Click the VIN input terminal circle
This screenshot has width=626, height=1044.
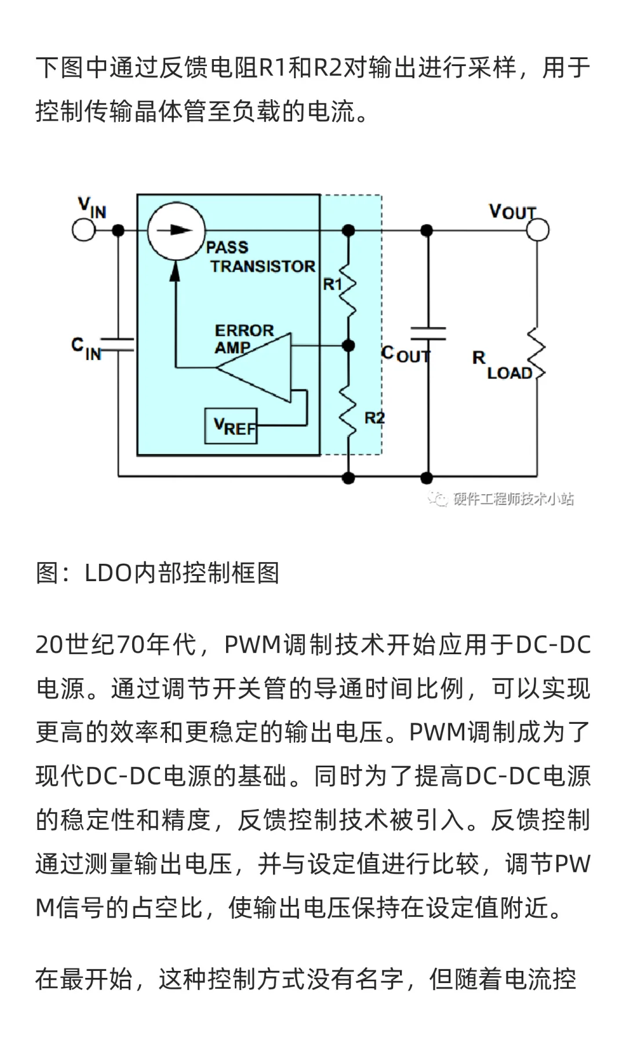coord(83,230)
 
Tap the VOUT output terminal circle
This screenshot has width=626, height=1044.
coord(537,230)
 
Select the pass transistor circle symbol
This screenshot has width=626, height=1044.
coord(176,230)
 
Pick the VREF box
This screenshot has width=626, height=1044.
coord(231,426)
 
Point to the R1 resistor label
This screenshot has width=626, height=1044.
coord(332,284)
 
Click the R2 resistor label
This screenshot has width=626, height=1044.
coord(374,418)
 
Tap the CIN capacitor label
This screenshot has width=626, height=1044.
coord(85,348)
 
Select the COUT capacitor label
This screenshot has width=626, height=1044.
coord(405,354)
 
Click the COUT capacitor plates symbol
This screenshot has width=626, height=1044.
coord(428,333)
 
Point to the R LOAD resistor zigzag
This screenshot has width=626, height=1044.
coord(537,354)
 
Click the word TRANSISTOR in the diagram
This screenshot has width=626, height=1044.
coord(263,266)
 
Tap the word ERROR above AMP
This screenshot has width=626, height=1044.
coord(244,330)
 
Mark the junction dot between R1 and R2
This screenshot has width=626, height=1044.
coord(348,346)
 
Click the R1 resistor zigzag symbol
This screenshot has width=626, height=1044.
coord(348,288)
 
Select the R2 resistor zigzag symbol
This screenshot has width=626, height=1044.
coord(348,413)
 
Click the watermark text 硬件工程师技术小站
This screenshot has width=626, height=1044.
coord(512,499)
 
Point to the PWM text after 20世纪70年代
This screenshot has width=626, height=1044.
coord(252,645)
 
